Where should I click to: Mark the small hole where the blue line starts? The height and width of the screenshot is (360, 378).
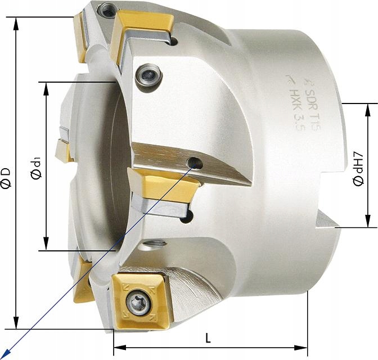click(195, 163)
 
